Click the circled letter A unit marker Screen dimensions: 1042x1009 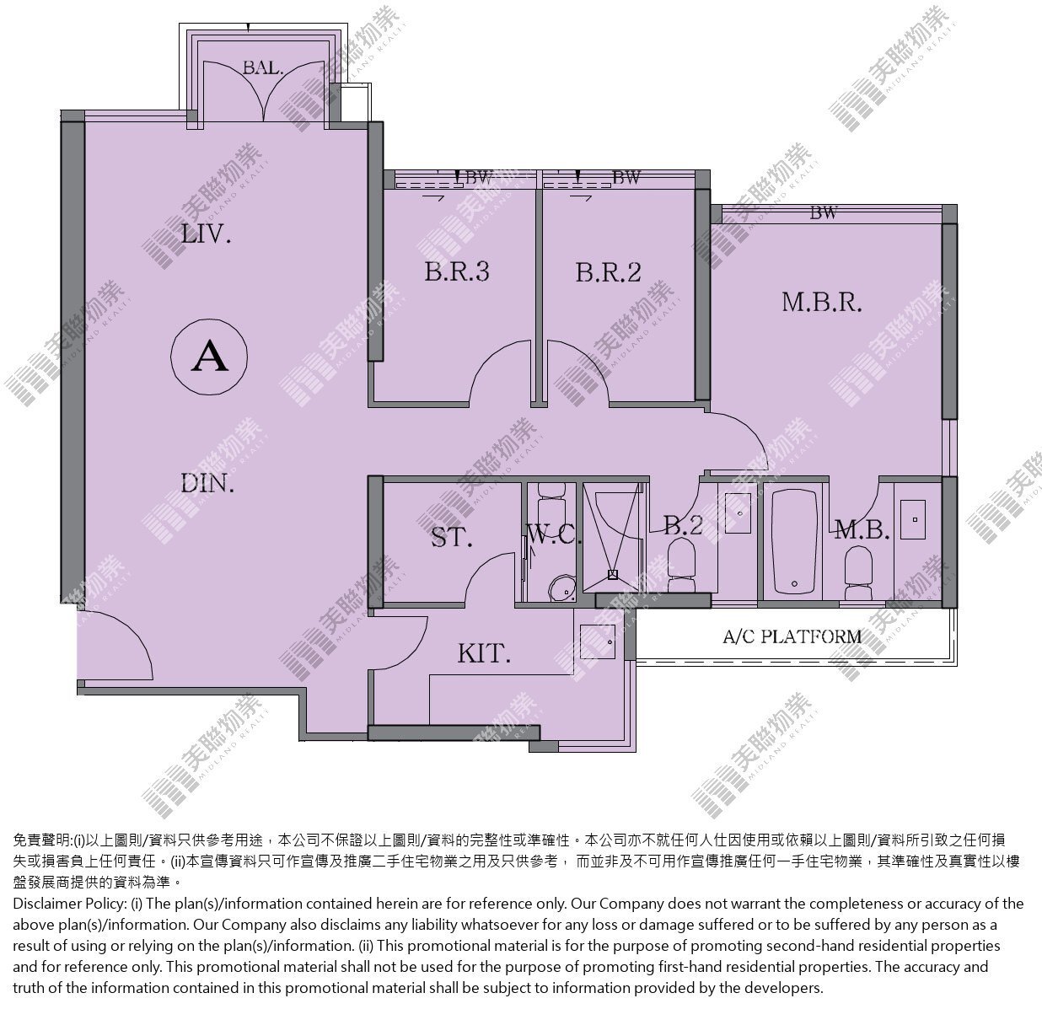[209, 357]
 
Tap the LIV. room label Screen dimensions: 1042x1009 [207, 234]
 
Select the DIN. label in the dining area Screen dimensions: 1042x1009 [207, 484]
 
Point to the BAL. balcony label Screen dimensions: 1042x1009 [262, 68]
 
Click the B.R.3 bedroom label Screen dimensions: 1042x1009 [457, 271]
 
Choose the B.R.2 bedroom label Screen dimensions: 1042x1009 [609, 272]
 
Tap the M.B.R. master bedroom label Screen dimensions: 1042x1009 [821, 303]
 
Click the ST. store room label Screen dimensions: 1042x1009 [451, 537]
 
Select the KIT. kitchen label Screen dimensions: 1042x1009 [484, 653]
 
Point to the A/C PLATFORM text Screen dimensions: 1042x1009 [792, 636]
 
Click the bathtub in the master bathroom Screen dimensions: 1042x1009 [794, 541]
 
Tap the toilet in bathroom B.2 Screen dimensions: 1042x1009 [682, 566]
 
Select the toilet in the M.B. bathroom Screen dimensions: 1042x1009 [858, 573]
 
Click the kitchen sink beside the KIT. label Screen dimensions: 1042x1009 [597, 641]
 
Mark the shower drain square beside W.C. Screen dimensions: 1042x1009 [613, 575]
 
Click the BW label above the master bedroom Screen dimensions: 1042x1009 [823, 213]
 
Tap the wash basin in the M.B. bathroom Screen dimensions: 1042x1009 [913, 519]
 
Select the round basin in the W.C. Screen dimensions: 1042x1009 [561, 588]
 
